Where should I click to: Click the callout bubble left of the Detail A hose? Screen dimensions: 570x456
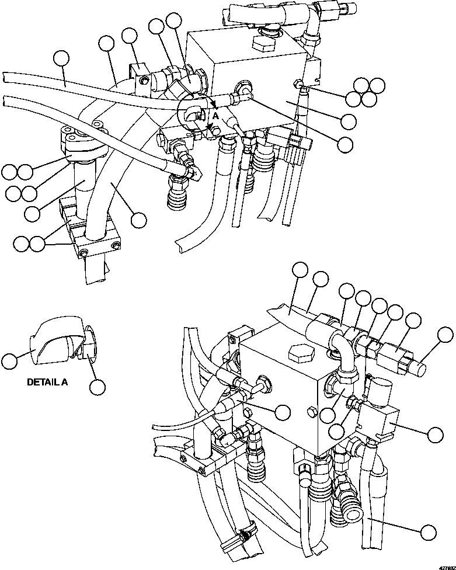pyautogui.click(x=9, y=361)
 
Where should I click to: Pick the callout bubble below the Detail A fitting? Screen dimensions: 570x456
pyautogui.click(x=97, y=386)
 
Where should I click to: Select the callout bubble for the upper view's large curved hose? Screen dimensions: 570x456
pyautogui.click(x=138, y=220)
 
